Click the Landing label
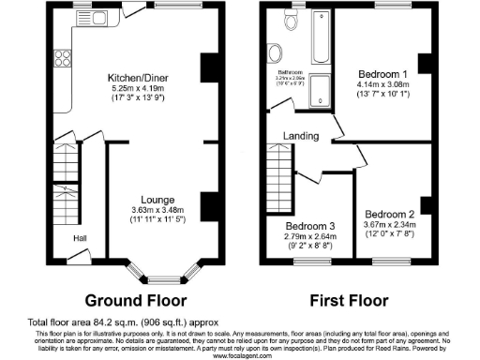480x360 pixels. [x=298, y=137]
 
